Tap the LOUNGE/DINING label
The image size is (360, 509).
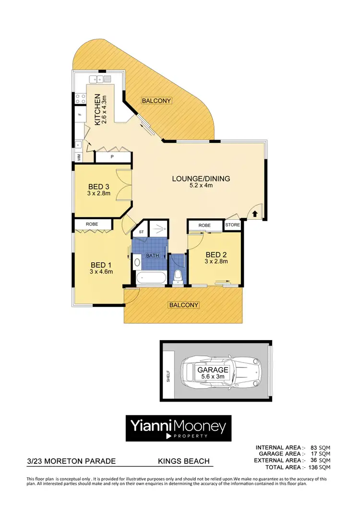(x=201, y=179)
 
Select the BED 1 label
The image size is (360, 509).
(x=101, y=264)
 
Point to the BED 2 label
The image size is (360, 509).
(x=216, y=254)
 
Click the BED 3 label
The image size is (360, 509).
(x=99, y=187)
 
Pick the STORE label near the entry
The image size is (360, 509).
(x=232, y=225)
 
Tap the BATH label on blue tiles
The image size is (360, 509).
(x=153, y=256)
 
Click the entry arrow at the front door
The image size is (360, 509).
(x=255, y=213)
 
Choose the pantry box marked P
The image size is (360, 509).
(x=112, y=156)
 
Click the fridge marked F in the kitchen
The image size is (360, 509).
(x=80, y=116)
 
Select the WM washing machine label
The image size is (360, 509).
(x=78, y=156)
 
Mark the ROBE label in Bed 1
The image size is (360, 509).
(x=92, y=224)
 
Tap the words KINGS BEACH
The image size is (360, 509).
(x=184, y=462)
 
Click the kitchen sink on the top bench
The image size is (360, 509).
(x=100, y=79)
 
